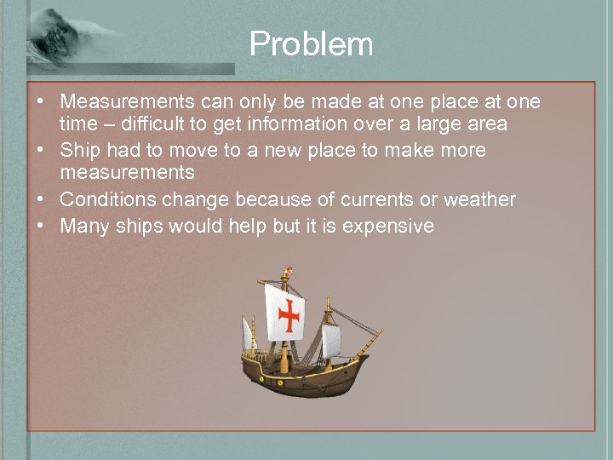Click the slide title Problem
coord(311,44)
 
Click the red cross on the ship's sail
coord(289,315)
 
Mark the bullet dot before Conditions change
coord(40,200)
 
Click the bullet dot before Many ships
coord(40,226)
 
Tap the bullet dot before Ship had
coord(40,151)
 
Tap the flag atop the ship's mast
coord(288,272)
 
